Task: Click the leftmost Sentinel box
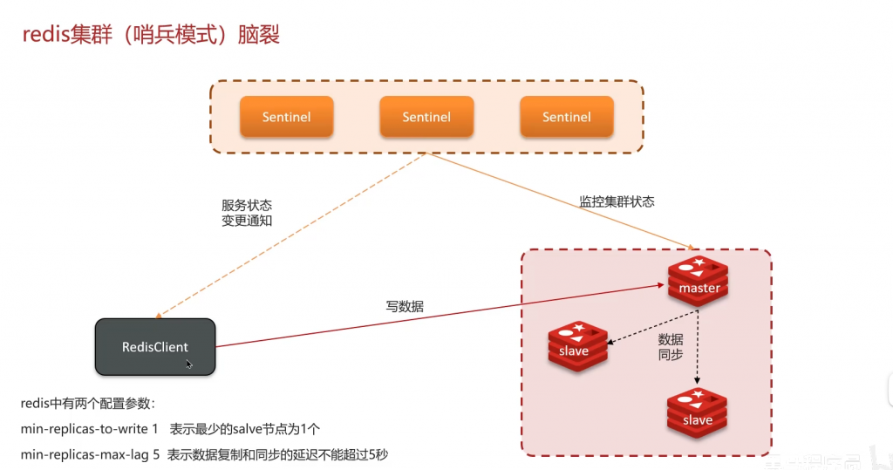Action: point(286,117)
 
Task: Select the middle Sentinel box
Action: point(426,117)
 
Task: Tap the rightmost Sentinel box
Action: point(567,117)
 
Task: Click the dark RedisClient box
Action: point(154,347)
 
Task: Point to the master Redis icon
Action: point(699,282)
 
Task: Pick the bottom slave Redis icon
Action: point(697,413)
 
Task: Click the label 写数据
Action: point(406,306)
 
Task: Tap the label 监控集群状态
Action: point(617,201)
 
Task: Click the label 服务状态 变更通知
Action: point(247,213)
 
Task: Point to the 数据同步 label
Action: point(670,347)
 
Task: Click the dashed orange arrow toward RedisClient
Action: point(288,235)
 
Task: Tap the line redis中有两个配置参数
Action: point(87,404)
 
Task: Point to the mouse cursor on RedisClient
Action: point(188,363)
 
